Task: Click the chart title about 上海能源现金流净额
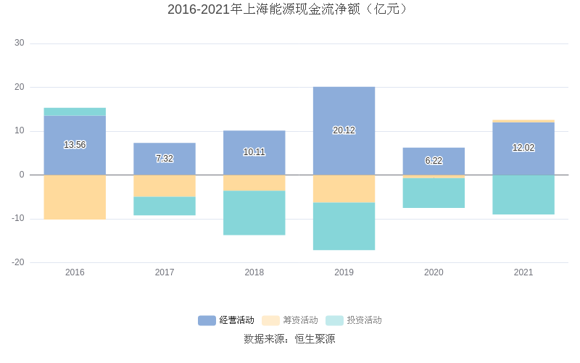(x=290, y=9)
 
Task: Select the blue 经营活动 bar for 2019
(x=344, y=109)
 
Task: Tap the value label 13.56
(x=75, y=145)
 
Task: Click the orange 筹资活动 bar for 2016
(x=75, y=197)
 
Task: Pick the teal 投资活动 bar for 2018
(x=254, y=213)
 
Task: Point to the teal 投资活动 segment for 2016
(x=75, y=112)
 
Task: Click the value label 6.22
(x=434, y=161)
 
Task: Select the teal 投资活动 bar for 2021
(x=523, y=195)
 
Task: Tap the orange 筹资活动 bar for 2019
(x=344, y=188)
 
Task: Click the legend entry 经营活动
(x=226, y=320)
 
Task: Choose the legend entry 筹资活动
(x=290, y=320)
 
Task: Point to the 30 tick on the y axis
(x=19, y=43)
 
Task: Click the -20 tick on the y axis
(x=17, y=262)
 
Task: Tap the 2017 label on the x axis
(x=165, y=272)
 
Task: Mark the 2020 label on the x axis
(x=434, y=272)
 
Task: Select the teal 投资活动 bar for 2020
(x=434, y=193)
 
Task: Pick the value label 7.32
(x=165, y=159)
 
